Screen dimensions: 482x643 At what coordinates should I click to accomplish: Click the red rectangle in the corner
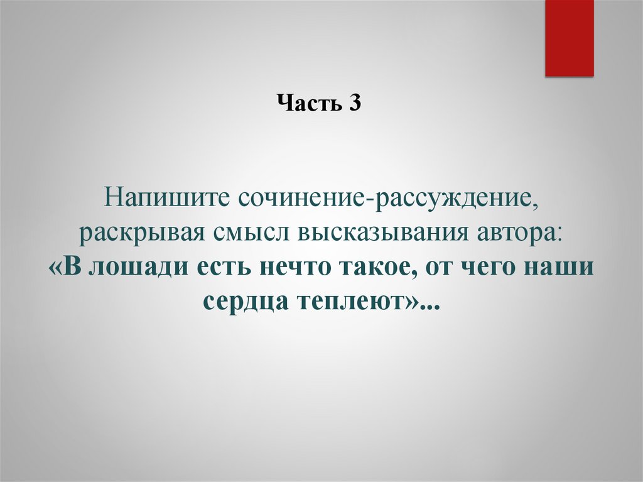click(569, 38)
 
